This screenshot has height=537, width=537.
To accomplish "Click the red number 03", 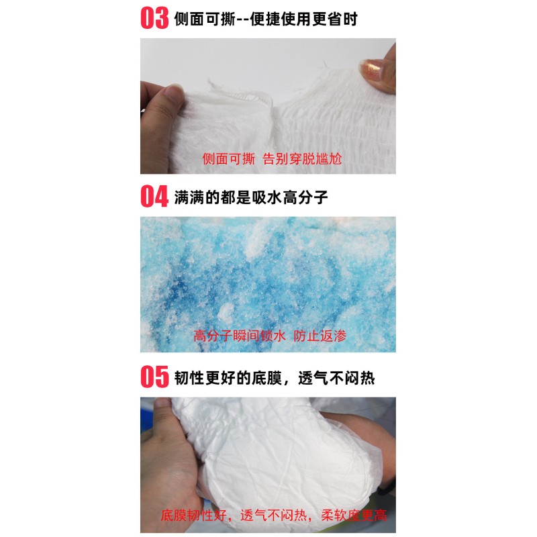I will pos(154,18).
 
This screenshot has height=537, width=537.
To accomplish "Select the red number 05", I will pos(154,377).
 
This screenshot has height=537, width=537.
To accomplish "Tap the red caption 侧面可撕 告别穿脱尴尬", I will pos(272,159).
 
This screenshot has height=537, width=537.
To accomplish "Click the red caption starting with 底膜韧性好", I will pos(274,516).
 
